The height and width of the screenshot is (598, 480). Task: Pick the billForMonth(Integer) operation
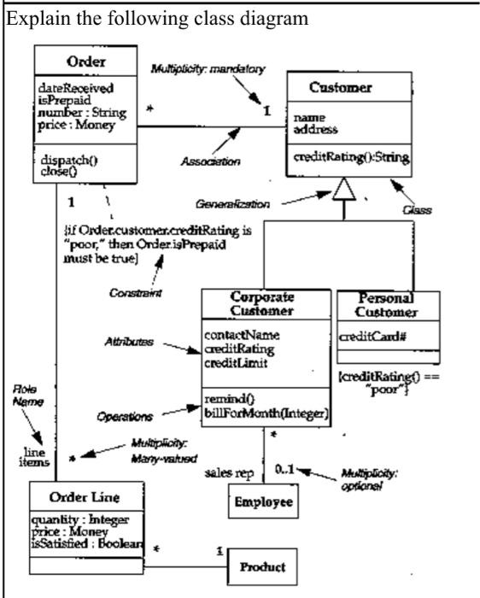267,415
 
